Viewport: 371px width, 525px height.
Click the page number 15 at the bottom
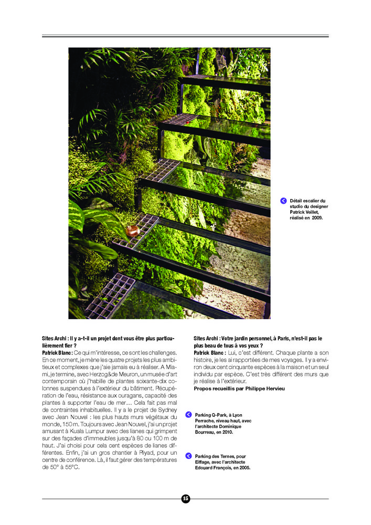pos(185,498)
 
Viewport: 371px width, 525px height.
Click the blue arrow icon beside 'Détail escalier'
pos(283,201)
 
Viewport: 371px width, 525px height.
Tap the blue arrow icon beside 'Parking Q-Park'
pos(188,415)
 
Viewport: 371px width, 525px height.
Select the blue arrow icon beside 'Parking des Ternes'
pos(188,456)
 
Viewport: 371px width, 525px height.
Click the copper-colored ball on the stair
pos(132,230)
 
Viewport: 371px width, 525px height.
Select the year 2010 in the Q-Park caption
pos(227,432)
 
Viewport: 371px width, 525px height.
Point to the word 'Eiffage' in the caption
pos(204,462)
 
